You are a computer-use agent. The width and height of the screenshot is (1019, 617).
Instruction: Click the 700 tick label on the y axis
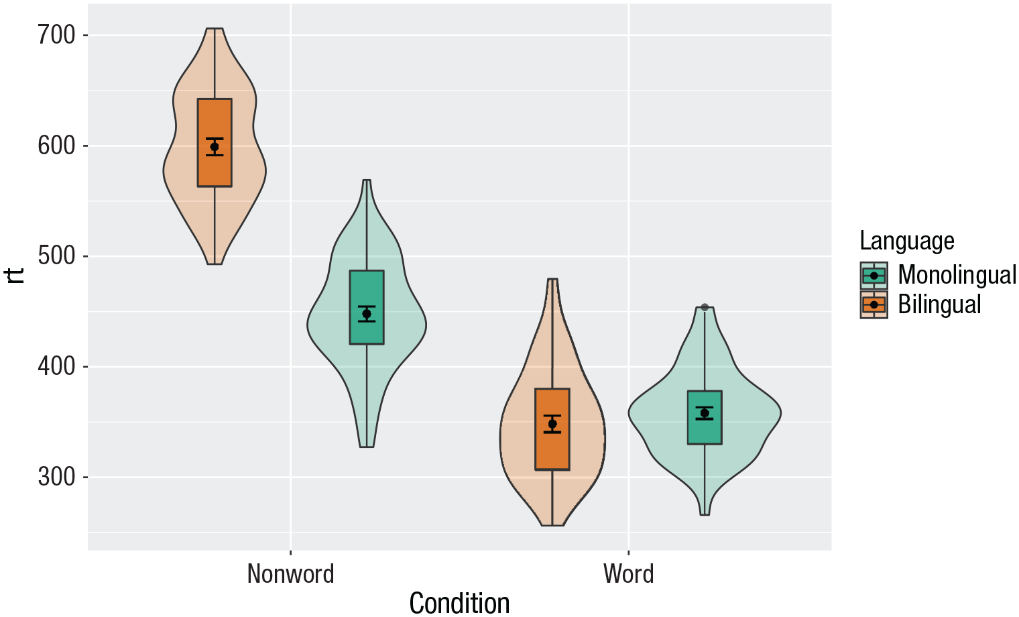56,35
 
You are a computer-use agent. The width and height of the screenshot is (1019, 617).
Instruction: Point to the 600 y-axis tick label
56,146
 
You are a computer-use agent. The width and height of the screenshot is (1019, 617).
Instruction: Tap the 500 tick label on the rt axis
56,256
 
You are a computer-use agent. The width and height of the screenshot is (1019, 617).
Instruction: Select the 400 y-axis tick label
56,367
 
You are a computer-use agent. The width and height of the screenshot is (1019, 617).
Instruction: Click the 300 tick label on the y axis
56,478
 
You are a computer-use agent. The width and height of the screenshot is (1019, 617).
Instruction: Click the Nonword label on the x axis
290,574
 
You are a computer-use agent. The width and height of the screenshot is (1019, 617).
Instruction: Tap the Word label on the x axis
628,574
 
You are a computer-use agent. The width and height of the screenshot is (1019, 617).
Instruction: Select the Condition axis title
459,603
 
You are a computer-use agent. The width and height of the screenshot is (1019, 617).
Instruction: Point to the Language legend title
906,241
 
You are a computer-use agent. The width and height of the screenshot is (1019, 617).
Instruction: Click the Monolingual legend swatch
874,276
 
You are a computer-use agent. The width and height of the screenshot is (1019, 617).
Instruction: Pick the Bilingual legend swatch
874,304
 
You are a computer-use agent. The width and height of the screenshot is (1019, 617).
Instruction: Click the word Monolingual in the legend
957,275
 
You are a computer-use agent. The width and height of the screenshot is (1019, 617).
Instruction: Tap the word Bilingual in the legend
939,304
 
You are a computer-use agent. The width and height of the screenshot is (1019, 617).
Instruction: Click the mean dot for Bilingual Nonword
215,147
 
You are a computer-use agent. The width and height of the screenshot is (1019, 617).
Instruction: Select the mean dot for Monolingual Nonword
367,314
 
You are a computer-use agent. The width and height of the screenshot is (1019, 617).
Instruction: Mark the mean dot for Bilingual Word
552,424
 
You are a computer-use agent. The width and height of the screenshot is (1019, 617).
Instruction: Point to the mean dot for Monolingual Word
705,413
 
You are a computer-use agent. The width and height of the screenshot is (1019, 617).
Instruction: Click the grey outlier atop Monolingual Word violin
705,307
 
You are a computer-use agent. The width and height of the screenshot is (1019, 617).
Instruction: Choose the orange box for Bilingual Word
552,449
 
